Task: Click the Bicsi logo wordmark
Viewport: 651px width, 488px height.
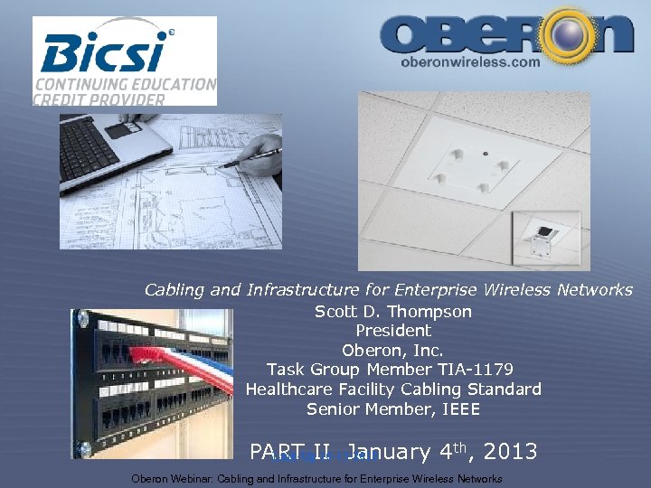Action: pyautogui.click(x=104, y=52)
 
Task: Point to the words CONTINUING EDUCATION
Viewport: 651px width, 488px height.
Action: pyautogui.click(x=126, y=84)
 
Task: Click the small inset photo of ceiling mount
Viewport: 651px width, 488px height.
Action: pyautogui.click(x=546, y=239)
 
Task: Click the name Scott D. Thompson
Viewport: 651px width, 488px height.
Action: pyautogui.click(x=393, y=312)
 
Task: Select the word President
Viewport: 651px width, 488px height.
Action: pyautogui.click(x=393, y=331)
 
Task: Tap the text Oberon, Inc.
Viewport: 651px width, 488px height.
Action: pyautogui.click(x=392, y=350)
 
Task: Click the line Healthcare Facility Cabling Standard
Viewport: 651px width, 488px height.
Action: pyautogui.click(x=393, y=389)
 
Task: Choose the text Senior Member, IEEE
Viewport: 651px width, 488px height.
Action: pyautogui.click(x=393, y=409)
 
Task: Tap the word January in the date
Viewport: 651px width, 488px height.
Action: pyautogui.click(x=389, y=451)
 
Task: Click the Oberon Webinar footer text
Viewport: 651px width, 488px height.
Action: pyautogui.click(x=316, y=479)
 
